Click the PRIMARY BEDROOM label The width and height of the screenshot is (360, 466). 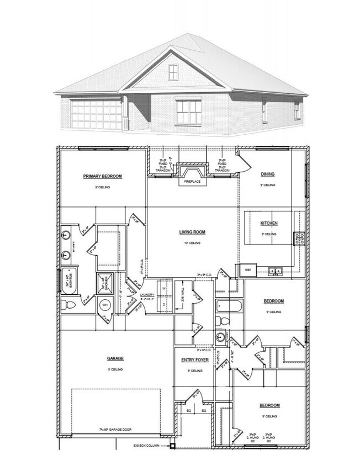click(x=102, y=177)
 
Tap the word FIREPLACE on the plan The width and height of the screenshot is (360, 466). click(x=192, y=181)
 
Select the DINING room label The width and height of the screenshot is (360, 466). click(x=268, y=174)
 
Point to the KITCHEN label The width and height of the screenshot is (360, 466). click(x=269, y=223)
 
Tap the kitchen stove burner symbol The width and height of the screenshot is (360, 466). click(x=300, y=239)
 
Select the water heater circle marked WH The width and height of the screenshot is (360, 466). click(x=104, y=305)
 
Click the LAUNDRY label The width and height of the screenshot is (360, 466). click(x=147, y=295)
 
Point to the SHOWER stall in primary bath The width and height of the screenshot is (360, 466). click(x=105, y=282)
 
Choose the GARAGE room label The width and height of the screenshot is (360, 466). click(x=115, y=358)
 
